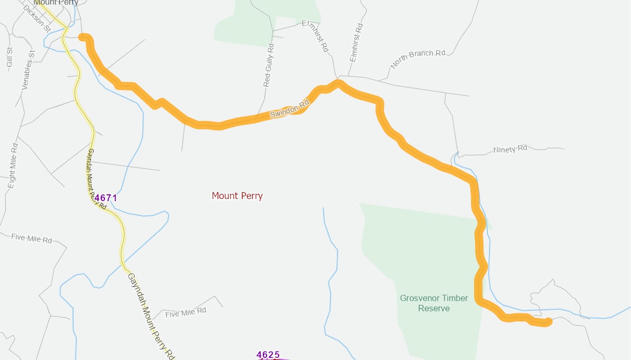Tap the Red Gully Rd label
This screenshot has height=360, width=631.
pos(269,65)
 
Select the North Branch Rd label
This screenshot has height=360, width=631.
pos(418,59)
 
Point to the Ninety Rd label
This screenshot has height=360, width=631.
pos(510,149)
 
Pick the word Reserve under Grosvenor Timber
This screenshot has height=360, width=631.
pos(434,308)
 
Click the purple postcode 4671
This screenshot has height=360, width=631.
pos(105,198)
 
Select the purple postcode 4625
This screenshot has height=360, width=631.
pos(268,355)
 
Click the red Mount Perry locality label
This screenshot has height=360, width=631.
pos(237,196)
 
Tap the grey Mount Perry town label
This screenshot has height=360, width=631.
pos(56,3)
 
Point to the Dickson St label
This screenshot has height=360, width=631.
pos(37,17)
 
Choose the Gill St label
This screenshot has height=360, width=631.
pos(10,57)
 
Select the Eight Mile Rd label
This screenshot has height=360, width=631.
pos(13,166)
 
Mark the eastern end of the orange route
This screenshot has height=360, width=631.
pos(549,321)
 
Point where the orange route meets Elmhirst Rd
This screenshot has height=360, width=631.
pos(337,82)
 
